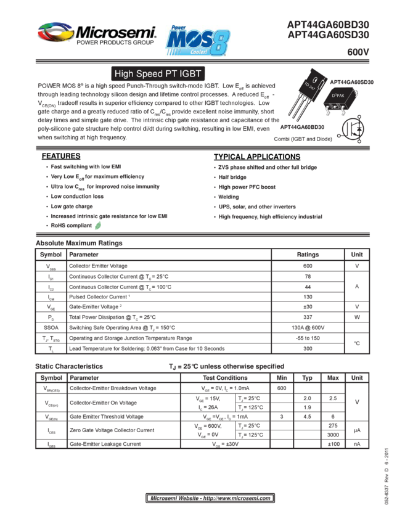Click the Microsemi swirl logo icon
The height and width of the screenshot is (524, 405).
(55, 31)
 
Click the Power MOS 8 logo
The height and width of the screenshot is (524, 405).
(197, 43)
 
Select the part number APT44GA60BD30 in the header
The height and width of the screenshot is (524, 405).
(329, 25)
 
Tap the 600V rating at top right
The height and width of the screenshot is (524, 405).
(358, 53)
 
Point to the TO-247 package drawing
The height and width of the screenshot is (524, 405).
(306, 98)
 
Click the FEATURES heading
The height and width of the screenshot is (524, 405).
(62, 157)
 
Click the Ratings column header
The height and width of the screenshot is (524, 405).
(308, 254)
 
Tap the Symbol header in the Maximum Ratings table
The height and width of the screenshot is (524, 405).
(51, 254)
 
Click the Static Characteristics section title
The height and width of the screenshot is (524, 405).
(68, 367)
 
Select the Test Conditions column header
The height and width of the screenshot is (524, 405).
(225, 377)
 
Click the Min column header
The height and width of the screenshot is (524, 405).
(282, 377)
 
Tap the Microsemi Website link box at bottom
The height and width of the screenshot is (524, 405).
(210, 497)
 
